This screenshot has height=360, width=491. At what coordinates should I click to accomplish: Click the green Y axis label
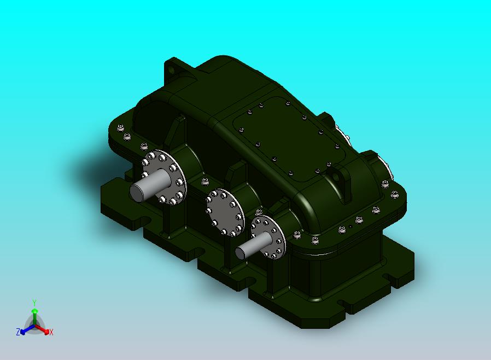click(34, 303)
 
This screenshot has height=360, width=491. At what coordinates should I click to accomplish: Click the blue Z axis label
click(18, 332)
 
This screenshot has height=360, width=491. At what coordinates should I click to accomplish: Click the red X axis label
click(51, 332)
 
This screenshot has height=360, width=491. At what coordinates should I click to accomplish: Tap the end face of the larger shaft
click(137, 192)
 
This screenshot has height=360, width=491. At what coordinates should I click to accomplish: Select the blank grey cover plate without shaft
click(225, 212)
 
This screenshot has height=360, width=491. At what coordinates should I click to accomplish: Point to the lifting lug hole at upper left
click(171, 69)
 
